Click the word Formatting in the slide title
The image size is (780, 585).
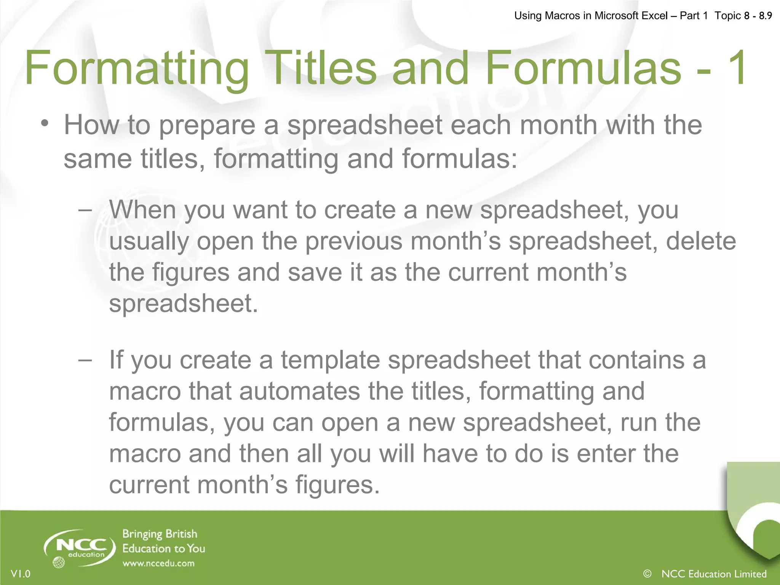137,69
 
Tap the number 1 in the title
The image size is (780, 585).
737,69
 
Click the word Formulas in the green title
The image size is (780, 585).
583,69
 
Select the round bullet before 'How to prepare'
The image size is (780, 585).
45,123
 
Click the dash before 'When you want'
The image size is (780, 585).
85,210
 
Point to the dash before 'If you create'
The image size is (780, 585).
85,360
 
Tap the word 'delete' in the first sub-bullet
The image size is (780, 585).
701,241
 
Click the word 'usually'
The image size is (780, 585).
149,241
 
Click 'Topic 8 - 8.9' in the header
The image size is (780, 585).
743,16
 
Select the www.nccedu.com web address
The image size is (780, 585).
158,563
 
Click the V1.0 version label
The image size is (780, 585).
21,574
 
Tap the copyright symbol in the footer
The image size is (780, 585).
647,573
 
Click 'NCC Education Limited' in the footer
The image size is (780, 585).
714,574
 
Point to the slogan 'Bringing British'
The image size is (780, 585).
160,534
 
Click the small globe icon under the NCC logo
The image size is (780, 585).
59,563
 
